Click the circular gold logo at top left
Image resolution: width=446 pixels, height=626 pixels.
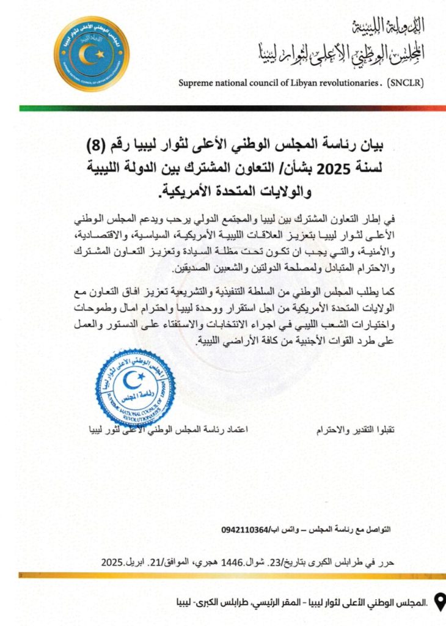[x=91, y=54]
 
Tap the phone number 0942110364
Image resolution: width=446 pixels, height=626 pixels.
[x=244, y=529]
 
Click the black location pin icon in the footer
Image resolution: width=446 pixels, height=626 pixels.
[x=439, y=602]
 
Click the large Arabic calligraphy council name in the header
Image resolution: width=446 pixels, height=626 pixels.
[x=339, y=54]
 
